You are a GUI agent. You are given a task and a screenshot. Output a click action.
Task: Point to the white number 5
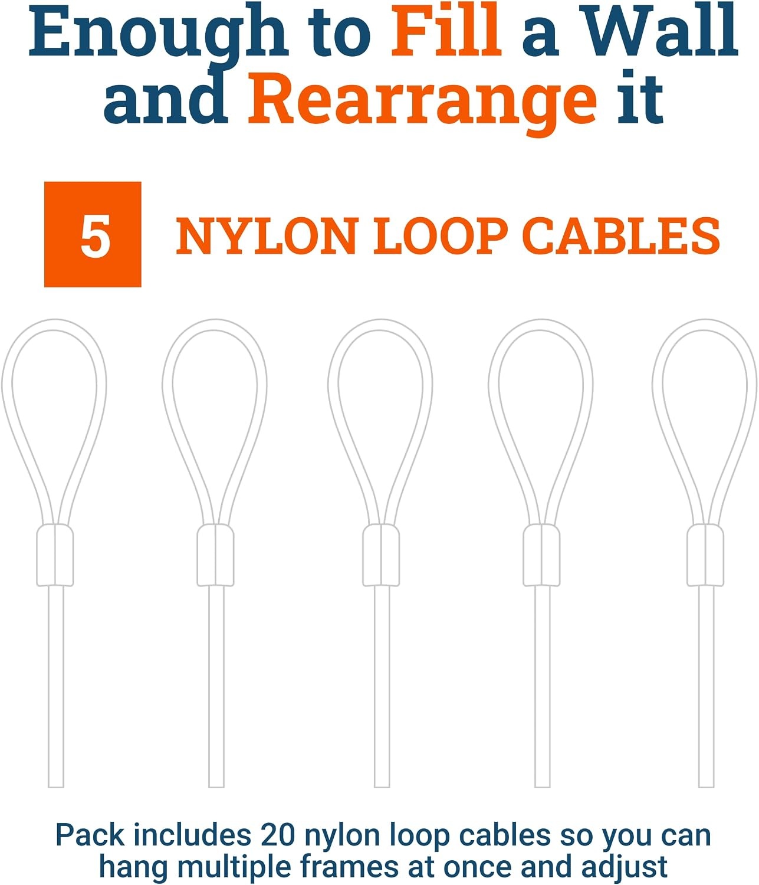[95, 236]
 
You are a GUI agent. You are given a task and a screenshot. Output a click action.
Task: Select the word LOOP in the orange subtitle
[441, 236]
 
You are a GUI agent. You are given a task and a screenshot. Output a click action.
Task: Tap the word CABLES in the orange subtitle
[621, 236]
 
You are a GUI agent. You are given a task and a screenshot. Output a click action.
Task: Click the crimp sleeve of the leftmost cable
[55, 555]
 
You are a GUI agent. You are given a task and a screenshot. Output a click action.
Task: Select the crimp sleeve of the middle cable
[381, 555]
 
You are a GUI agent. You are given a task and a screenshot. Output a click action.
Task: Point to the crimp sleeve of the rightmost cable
[705, 555]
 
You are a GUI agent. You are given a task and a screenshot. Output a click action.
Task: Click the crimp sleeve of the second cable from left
[215, 555]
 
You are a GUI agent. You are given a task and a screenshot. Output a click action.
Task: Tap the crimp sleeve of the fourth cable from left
[541, 555]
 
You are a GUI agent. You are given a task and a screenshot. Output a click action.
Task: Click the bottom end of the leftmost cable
[55, 786]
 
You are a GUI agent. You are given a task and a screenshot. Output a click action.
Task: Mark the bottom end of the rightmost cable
[707, 786]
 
